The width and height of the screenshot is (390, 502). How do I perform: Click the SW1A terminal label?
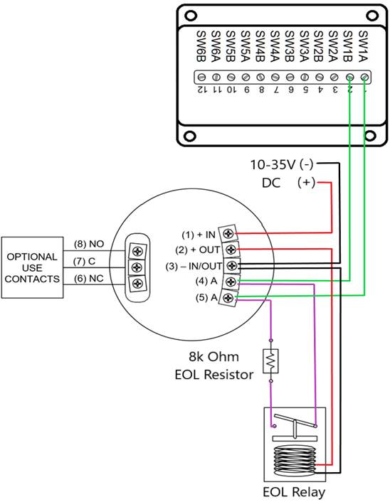click(x=363, y=45)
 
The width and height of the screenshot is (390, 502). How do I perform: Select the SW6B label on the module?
click(x=201, y=45)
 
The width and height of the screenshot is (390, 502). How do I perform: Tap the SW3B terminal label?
click(x=290, y=45)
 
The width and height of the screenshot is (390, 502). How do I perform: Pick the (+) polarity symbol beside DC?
click(x=305, y=183)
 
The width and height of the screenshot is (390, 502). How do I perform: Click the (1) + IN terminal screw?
click(x=228, y=233)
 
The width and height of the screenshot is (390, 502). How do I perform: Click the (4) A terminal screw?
click(x=228, y=282)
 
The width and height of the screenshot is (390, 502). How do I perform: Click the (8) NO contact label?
click(x=90, y=243)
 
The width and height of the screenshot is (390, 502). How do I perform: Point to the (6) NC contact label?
click(x=90, y=279)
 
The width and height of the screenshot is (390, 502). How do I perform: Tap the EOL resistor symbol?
click(x=270, y=361)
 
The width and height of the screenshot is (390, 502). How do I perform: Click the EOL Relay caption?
click(x=293, y=491)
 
